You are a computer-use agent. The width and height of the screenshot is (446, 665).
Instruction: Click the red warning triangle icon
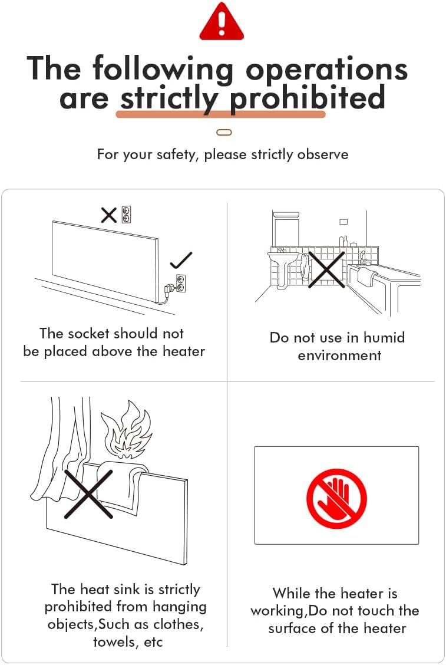[x=222, y=21]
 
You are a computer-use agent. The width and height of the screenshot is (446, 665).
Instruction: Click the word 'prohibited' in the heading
[x=308, y=98]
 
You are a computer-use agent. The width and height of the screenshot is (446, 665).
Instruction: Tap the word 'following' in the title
[x=163, y=69]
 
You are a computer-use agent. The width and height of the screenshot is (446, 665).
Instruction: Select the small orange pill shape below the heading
[x=224, y=132]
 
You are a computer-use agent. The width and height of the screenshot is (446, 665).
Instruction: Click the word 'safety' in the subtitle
[x=178, y=154]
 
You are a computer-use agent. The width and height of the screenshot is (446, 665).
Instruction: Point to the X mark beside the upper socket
[x=108, y=215]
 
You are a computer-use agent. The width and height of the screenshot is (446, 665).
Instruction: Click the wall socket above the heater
[x=126, y=215]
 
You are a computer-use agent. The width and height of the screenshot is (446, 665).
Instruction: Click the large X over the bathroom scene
[x=326, y=269]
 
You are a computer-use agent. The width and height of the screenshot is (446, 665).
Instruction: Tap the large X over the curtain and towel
[x=88, y=494]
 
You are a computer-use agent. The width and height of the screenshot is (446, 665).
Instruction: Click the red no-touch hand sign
[x=336, y=498]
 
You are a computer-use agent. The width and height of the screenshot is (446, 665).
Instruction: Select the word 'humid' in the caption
[x=384, y=338]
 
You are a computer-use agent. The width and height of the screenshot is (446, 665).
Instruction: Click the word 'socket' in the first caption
[x=88, y=333]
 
